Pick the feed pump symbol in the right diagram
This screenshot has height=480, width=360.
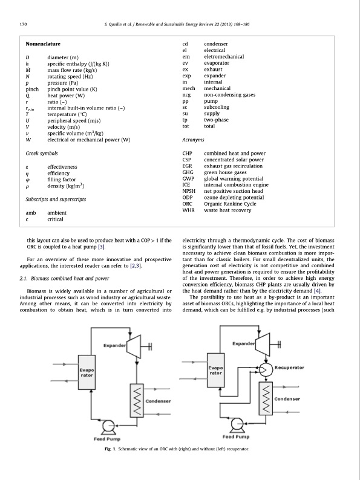238,426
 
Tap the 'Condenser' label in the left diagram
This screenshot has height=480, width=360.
158,401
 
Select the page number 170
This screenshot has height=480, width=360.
24,24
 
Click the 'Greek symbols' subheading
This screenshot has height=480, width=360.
41,146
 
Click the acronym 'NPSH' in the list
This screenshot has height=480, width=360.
189,191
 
